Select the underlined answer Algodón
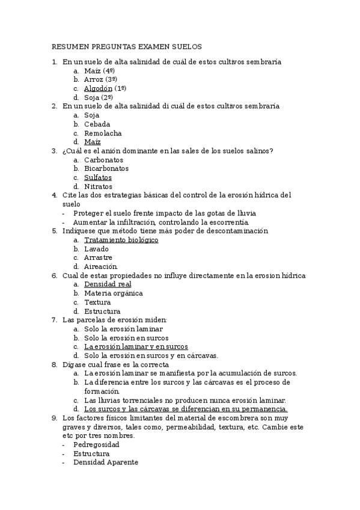(98, 88)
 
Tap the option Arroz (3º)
(100, 79)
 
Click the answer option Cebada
(97, 124)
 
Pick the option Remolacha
(103, 133)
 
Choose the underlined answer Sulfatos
(98, 177)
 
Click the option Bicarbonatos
(106, 168)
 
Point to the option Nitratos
(98, 186)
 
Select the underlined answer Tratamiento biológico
(121, 240)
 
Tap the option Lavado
(96, 249)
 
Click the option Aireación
(101, 266)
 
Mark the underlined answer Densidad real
(108, 284)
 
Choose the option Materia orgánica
(113, 293)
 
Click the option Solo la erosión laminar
(123, 329)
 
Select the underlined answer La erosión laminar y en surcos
(136, 347)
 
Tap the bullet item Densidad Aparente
(106, 462)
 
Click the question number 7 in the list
(54, 320)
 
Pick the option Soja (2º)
(99, 97)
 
